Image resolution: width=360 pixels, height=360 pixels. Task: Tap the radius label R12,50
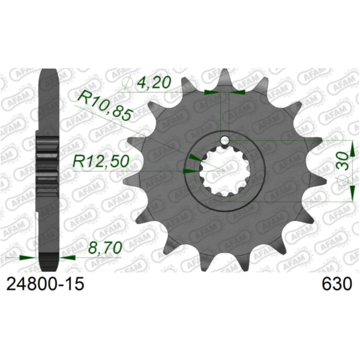point(99,161)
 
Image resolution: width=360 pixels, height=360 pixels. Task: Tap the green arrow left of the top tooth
point(211,92)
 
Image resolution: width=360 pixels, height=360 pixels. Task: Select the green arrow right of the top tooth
point(239,92)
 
